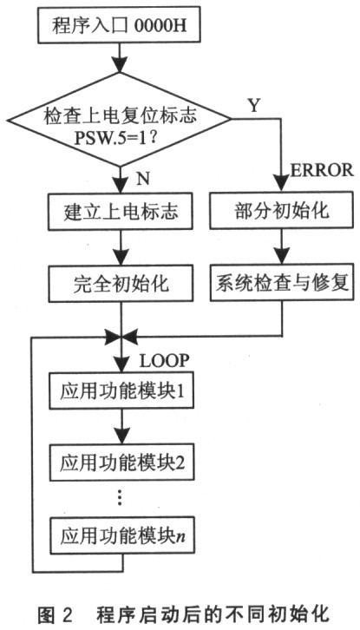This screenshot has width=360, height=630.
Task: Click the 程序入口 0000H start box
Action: [x=120, y=24]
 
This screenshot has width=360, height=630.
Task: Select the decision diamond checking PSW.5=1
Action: [x=120, y=119]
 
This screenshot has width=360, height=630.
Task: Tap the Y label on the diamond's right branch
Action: [x=253, y=105]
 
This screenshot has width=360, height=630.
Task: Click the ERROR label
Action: [x=322, y=171]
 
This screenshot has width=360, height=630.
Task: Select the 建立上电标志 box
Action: [x=121, y=212]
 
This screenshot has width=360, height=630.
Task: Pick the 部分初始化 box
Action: [x=282, y=212]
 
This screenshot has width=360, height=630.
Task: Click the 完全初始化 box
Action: [x=121, y=284]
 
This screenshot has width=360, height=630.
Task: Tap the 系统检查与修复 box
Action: [x=282, y=284]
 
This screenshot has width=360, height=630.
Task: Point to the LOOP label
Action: [x=164, y=361]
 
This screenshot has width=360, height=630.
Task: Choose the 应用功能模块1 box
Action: [x=121, y=390]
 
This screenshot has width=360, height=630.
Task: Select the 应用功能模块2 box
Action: [x=121, y=462]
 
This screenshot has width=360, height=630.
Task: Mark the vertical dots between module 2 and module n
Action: [x=121, y=499]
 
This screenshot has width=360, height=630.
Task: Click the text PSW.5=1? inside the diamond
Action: [x=120, y=139]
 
